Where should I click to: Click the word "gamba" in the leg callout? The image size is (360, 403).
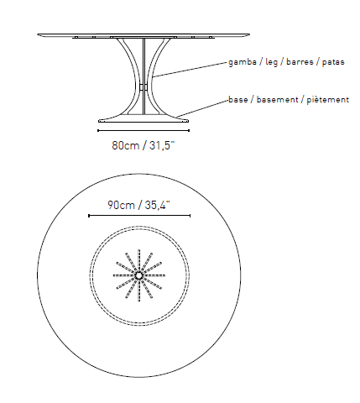(x=243, y=62)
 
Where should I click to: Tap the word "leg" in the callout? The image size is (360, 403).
(x=271, y=62)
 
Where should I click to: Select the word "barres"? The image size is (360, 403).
(x=300, y=61)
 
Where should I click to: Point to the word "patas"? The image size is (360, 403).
(x=333, y=62)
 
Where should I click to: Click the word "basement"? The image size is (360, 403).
(x=277, y=100)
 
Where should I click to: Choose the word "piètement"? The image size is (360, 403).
(x=328, y=100)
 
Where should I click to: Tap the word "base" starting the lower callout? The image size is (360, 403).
(x=238, y=100)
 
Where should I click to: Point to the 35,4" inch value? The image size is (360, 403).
(x=158, y=205)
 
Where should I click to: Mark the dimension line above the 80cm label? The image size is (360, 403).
(x=143, y=130)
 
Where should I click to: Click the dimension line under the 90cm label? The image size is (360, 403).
(x=139, y=216)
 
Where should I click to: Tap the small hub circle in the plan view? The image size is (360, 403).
(x=138, y=275)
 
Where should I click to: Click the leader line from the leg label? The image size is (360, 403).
(x=190, y=69)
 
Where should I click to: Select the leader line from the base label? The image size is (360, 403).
(x=202, y=108)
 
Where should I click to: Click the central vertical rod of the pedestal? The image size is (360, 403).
(x=143, y=76)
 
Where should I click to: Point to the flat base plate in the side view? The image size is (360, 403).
(x=143, y=121)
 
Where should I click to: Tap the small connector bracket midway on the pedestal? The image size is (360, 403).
(x=143, y=86)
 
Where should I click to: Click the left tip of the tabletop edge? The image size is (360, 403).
(x=38, y=34)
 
